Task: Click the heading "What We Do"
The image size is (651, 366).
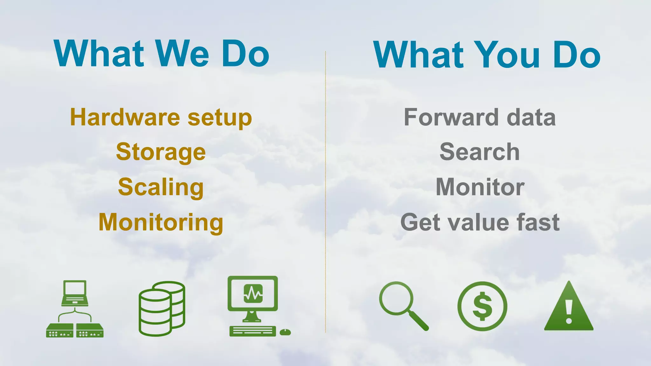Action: [x=161, y=53]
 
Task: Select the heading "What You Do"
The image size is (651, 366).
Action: [x=486, y=55]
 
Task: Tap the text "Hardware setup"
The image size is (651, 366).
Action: [x=161, y=118]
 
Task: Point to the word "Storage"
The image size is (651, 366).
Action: [x=161, y=152]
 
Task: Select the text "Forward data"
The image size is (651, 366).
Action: [x=480, y=118]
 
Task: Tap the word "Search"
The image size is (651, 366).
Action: [x=480, y=152]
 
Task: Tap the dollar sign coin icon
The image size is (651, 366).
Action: [x=482, y=306]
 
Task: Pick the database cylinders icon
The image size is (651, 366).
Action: [x=162, y=308]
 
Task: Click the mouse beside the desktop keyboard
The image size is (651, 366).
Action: [x=285, y=332]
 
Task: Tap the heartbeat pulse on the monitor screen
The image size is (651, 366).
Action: [x=253, y=294]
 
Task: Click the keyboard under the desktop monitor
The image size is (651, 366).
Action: [x=252, y=331]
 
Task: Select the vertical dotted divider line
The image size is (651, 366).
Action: [x=325, y=191]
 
